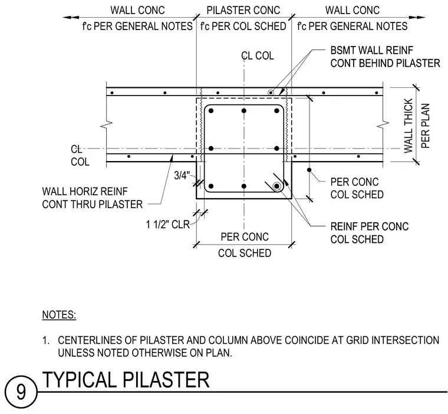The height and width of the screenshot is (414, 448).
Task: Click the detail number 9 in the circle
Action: [x=21, y=392]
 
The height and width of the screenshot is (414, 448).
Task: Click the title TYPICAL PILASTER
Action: [x=126, y=380]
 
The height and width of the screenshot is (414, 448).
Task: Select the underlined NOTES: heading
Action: [x=59, y=315]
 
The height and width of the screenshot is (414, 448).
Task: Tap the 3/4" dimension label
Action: [x=182, y=176]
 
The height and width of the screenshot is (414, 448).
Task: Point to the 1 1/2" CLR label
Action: [x=168, y=225]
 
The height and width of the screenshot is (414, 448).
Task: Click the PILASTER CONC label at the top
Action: [x=243, y=10]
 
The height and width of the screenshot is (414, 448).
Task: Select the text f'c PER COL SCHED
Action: [x=243, y=27]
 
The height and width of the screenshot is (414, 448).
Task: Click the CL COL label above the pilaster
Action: [x=258, y=55]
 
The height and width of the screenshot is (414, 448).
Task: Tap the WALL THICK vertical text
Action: [x=409, y=126]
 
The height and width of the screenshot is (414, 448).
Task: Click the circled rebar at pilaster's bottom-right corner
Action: [x=276, y=186]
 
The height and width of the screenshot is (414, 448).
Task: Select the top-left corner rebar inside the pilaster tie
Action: [x=211, y=111]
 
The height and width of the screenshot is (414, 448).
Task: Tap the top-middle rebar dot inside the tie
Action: [x=243, y=111]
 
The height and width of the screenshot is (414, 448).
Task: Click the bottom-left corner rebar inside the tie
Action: [x=211, y=186]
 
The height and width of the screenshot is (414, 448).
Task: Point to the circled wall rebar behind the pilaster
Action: [x=271, y=93]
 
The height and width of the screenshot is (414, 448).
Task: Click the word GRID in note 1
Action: [x=357, y=340]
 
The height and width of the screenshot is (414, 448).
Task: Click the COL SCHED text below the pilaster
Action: [x=245, y=253]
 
